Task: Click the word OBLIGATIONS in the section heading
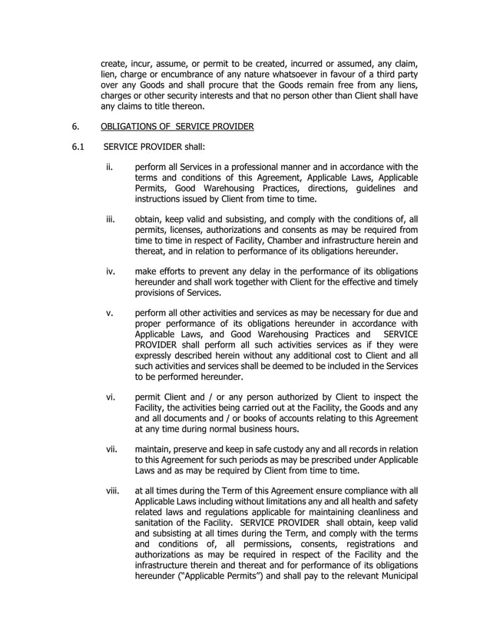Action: point(136,128)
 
